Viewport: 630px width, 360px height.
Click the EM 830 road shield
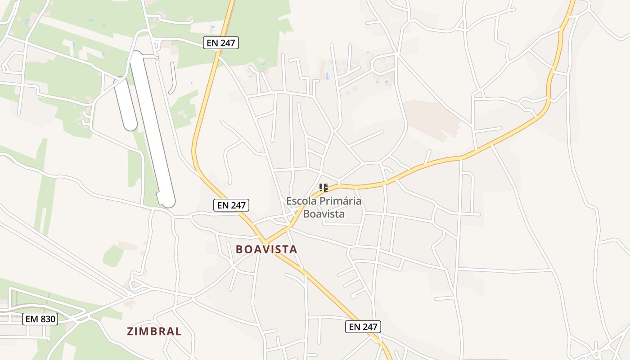(x=40, y=319)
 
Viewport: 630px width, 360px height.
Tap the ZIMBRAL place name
(x=154, y=332)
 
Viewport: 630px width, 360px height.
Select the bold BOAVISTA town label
(x=266, y=249)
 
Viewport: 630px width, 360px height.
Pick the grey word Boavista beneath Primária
(x=324, y=214)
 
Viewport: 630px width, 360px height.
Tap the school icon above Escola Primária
(x=323, y=187)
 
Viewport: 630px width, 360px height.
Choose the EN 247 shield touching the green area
(x=220, y=43)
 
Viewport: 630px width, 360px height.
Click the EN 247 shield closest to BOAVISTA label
(x=231, y=205)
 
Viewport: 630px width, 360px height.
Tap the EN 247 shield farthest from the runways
(x=363, y=327)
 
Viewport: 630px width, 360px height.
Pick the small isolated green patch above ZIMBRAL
(x=113, y=256)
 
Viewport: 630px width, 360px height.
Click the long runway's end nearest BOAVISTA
(x=167, y=200)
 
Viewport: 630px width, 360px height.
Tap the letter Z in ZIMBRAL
(x=130, y=332)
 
